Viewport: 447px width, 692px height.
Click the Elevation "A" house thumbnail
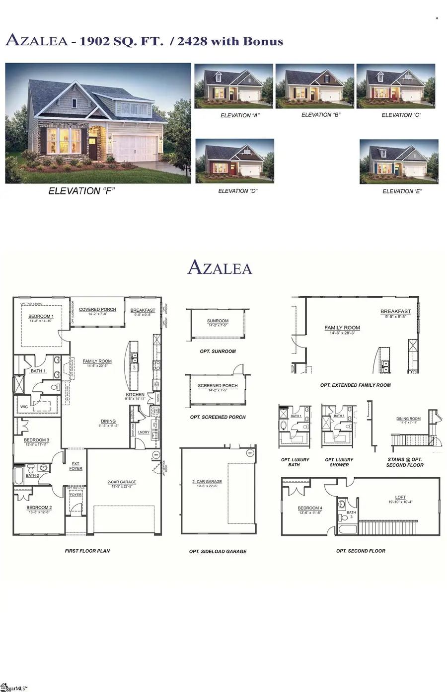(x=233, y=86)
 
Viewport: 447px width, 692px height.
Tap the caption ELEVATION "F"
(x=81, y=191)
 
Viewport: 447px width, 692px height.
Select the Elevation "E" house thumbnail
(x=399, y=162)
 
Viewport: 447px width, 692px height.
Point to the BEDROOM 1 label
(x=41, y=316)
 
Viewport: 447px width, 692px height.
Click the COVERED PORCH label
(x=97, y=309)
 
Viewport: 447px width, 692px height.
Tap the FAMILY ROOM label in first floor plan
(x=97, y=361)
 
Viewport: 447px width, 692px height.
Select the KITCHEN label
(x=135, y=395)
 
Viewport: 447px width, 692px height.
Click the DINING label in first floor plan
(x=108, y=421)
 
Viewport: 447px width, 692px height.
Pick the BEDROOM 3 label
(x=37, y=440)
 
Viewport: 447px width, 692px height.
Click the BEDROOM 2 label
(x=39, y=508)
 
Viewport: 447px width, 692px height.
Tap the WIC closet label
(x=24, y=407)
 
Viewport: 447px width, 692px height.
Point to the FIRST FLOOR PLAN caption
(x=87, y=551)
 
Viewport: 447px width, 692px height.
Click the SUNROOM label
(x=218, y=321)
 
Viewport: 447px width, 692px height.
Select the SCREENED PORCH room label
(x=218, y=386)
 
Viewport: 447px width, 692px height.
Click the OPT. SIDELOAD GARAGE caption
(x=218, y=551)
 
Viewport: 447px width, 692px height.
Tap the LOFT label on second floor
(x=400, y=497)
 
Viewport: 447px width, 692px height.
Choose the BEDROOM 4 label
(x=310, y=508)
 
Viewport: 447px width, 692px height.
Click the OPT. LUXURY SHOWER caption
(x=339, y=462)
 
